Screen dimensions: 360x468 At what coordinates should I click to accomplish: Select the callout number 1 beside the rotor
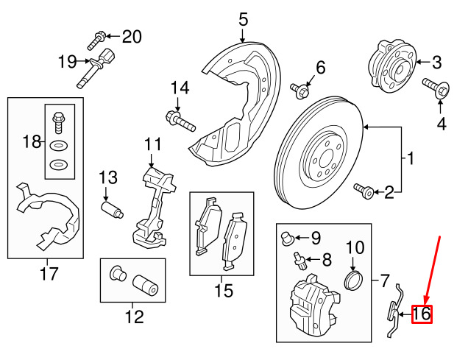click(x=410, y=158)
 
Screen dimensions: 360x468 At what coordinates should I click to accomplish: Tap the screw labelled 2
click(x=364, y=191)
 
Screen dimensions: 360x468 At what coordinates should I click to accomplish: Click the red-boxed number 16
click(x=421, y=315)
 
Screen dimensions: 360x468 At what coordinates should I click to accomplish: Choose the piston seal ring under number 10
click(x=355, y=280)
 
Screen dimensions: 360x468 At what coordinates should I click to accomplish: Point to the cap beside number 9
click(x=288, y=237)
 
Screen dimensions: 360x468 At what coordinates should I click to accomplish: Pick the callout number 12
click(x=134, y=318)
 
